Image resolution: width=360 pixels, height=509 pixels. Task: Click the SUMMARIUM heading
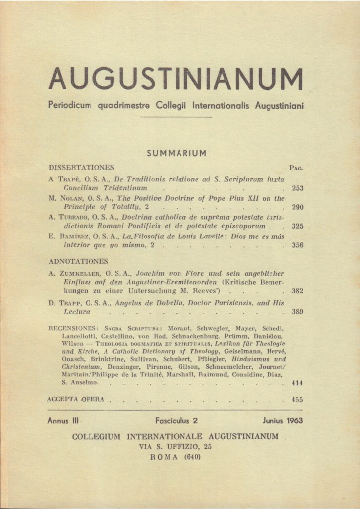pos(177,153)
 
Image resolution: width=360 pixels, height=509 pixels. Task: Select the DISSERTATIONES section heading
pos(82,168)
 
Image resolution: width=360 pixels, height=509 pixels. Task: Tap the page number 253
pos(297,189)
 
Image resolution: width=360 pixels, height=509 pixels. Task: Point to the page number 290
pos(297,207)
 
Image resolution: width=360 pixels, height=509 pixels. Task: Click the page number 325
pos(297,226)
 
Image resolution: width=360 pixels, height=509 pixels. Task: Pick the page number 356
pos(297,245)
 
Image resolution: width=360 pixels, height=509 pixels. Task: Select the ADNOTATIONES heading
pos(79,261)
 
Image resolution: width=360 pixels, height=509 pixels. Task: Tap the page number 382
pos(297,292)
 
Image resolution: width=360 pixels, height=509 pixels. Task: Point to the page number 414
pos(297,383)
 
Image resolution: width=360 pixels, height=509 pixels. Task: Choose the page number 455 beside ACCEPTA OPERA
pos(297,399)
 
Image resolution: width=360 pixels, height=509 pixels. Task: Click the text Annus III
pos(64,421)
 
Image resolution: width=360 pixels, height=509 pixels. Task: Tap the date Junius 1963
pos(282,421)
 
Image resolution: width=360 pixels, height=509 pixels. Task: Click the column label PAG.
pos(296,169)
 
